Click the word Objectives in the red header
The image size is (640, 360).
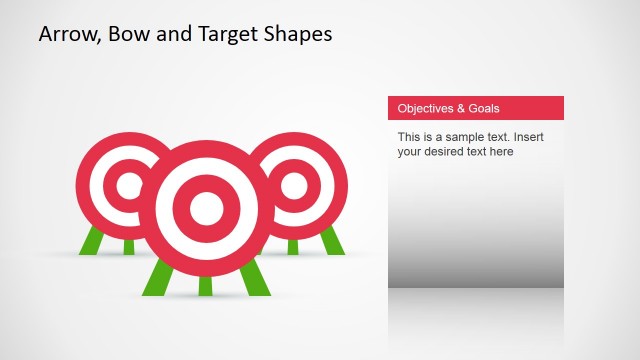click(425, 108)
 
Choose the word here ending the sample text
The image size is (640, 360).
click(500, 152)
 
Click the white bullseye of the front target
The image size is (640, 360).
click(206, 207)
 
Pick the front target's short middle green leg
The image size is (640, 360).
click(206, 285)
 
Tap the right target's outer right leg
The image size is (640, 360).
click(332, 240)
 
